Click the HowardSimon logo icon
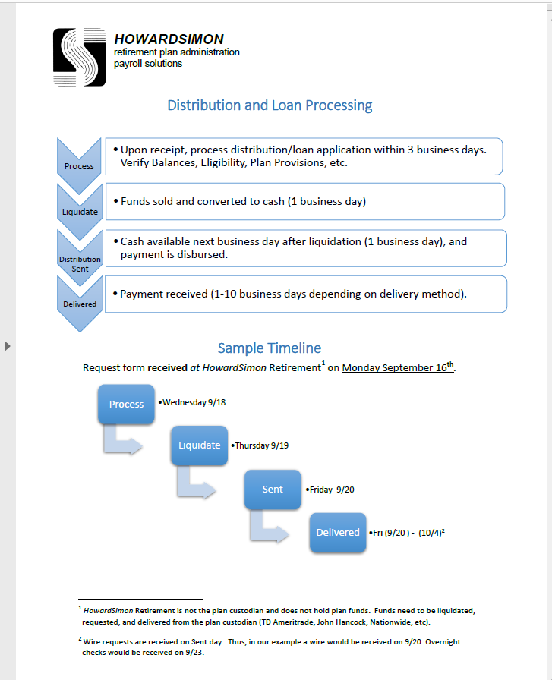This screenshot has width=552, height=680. point(79,57)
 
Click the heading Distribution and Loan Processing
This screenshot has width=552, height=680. point(270,105)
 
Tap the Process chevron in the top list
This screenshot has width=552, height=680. point(80,161)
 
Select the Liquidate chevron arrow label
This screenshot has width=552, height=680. point(80,207)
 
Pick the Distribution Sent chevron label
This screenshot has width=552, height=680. point(80,260)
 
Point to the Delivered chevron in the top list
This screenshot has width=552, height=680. point(80,302)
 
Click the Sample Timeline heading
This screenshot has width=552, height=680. point(269,348)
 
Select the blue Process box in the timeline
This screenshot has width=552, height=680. point(126,404)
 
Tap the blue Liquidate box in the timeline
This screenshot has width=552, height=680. point(199,445)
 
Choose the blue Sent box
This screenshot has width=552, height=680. point(273,490)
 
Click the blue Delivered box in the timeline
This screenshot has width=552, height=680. point(338,532)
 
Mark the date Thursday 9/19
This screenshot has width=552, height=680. point(262,445)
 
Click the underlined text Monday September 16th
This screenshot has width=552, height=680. point(398,368)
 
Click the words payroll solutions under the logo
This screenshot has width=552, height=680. point(148,64)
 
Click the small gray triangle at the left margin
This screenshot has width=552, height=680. point(8,346)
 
